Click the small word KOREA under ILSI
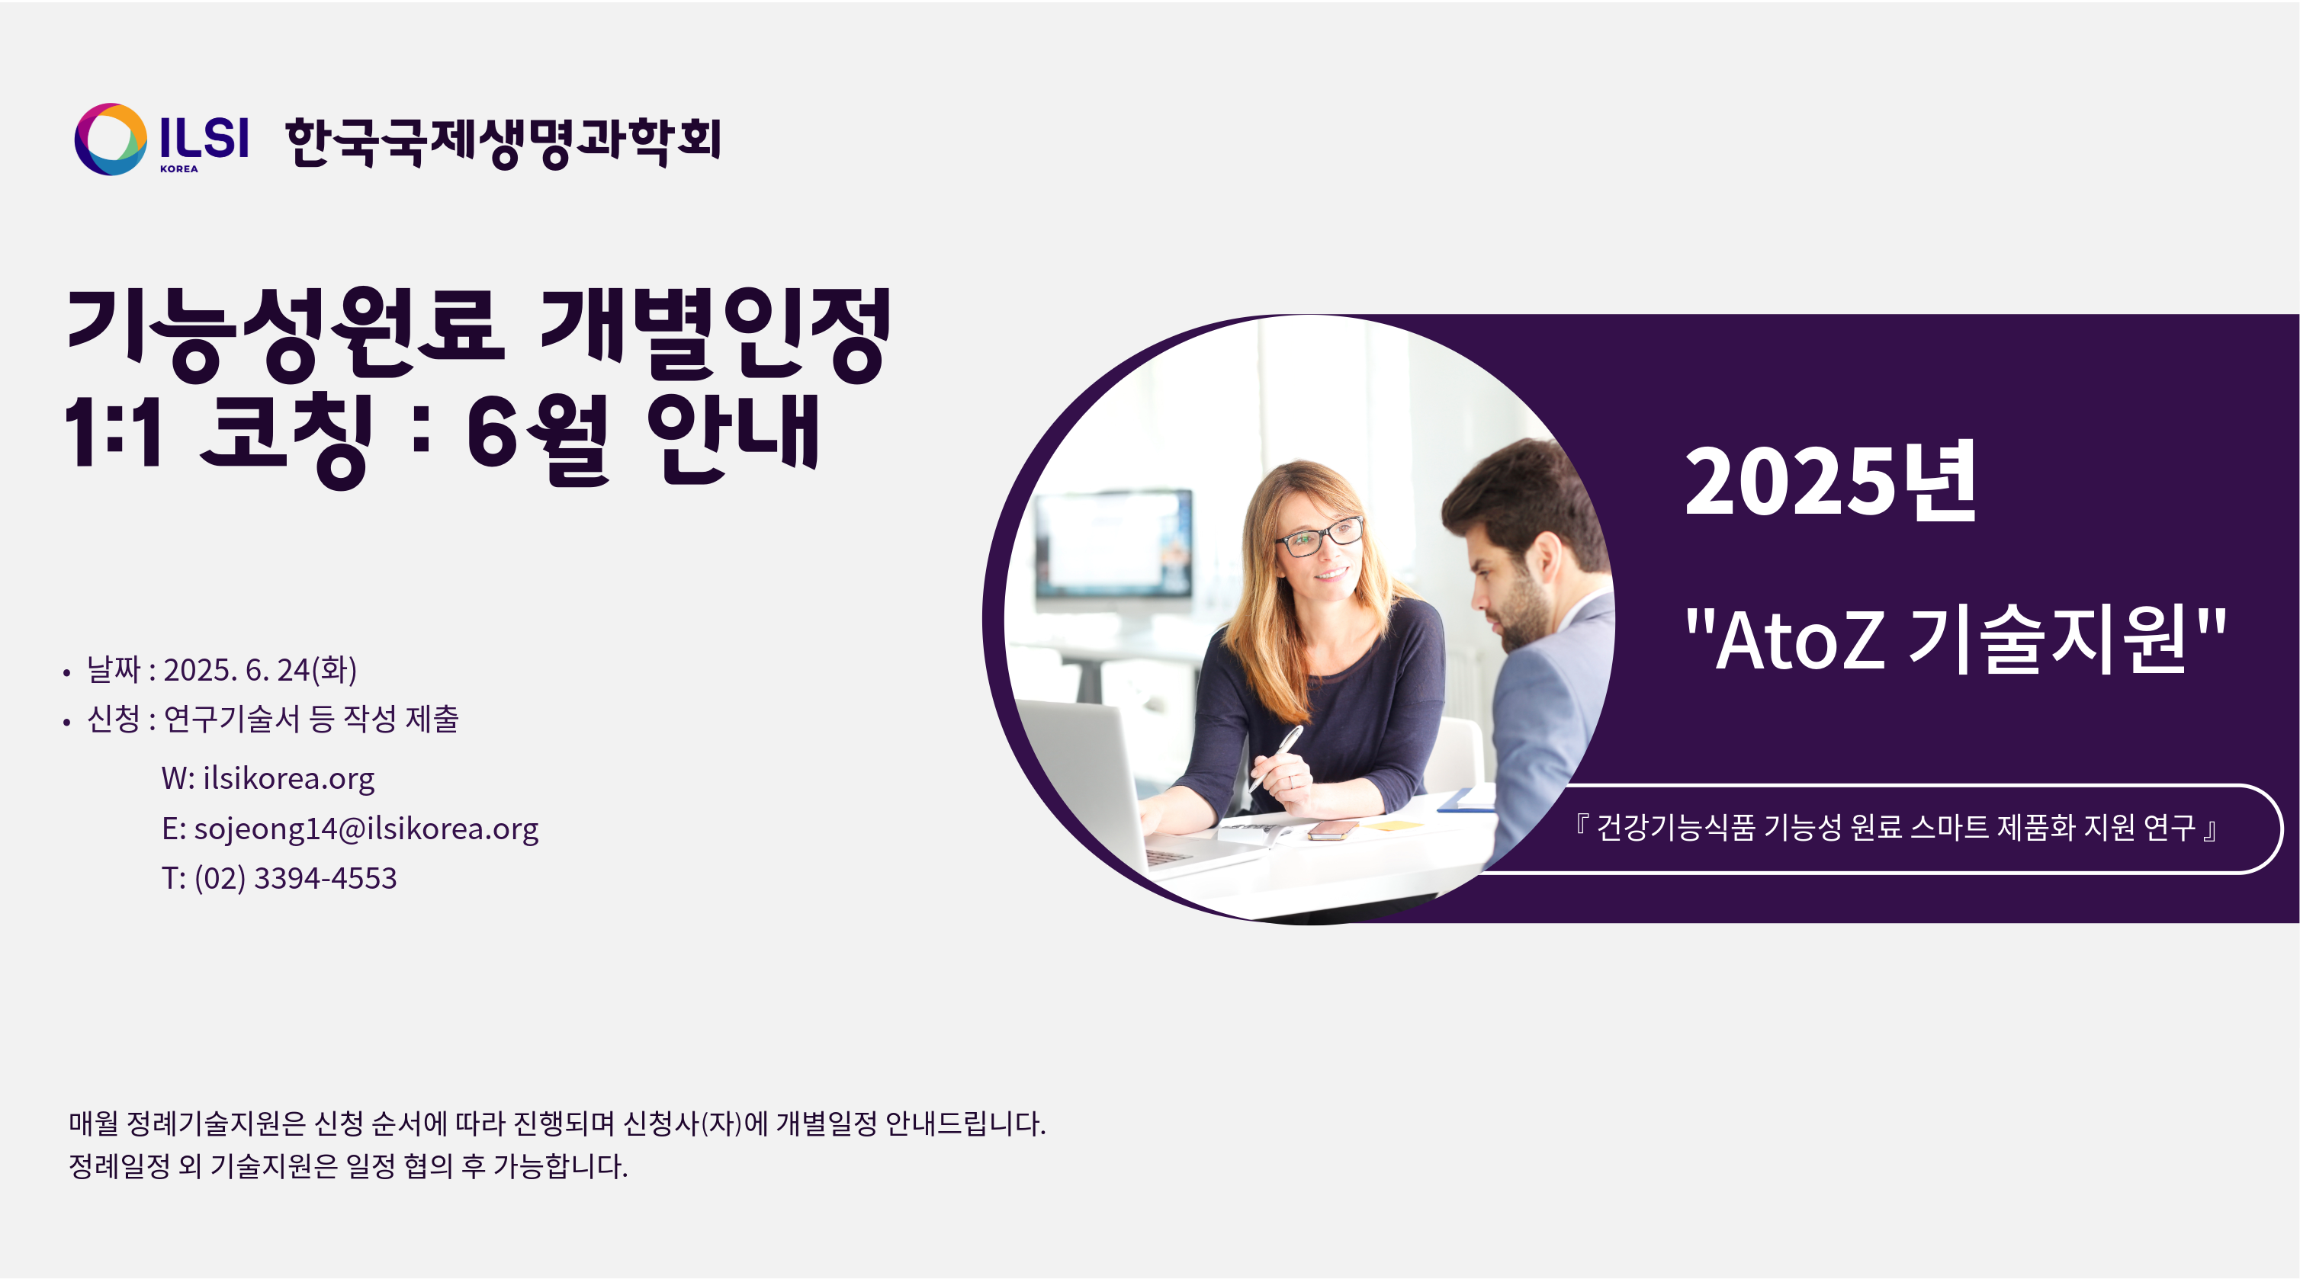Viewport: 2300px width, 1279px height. tap(178, 168)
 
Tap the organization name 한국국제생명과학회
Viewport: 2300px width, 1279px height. tap(503, 141)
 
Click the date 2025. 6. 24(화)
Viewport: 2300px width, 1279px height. tap(260, 669)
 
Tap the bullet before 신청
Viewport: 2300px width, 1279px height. tap(67, 722)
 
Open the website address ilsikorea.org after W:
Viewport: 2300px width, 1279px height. tap(288, 778)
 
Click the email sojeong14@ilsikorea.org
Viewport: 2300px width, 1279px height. tap(366, 829)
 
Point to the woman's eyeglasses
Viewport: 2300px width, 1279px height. tap(1319, 537)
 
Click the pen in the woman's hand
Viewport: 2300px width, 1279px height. tap(1276, 758)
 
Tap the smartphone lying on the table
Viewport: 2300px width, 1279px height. tap(1333, 831)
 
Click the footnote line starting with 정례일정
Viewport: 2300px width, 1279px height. tap(349, 1166)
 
